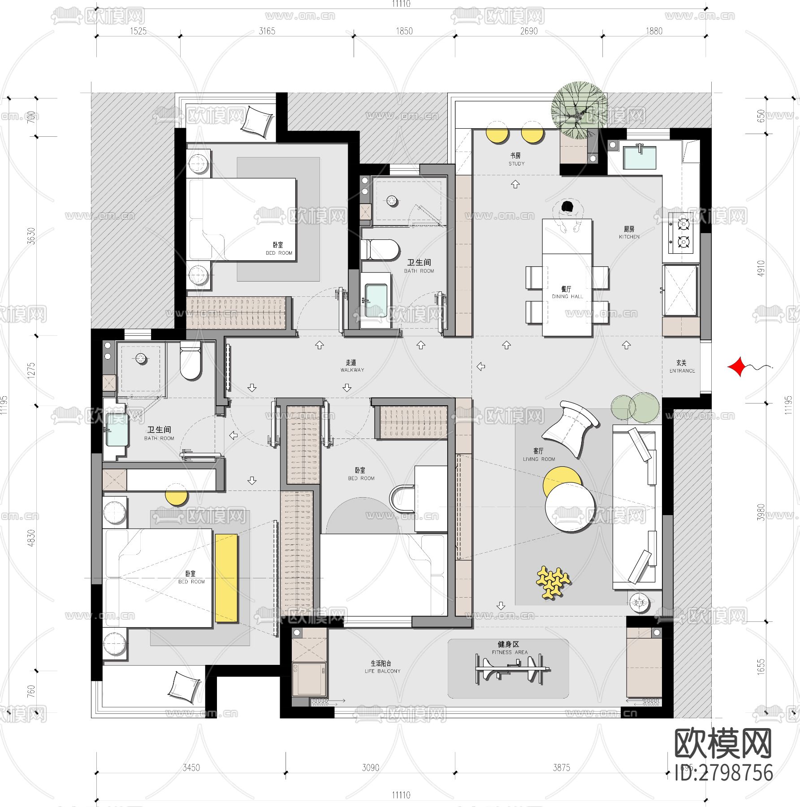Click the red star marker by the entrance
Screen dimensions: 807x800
[x=736, y=366]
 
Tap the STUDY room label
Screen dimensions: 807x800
[x=516, y=159]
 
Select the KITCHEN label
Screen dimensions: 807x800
[x=629, y=233]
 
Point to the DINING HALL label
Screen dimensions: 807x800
[x=567, y=292]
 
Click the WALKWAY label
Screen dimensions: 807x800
[x=352, y=366]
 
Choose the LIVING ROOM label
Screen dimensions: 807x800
[x=539, y=455]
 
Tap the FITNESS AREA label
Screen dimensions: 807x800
[x=509, y=648]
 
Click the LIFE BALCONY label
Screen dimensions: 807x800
[x=382, y=667]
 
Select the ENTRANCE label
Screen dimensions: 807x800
[x=682, y=366]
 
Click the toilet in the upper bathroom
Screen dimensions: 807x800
[x=381, y=250]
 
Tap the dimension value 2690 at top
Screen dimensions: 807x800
[x=529, y=31]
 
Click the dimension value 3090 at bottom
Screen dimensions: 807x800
[x=370, y=768]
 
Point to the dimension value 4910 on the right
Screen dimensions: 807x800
[x=761, y=268]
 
